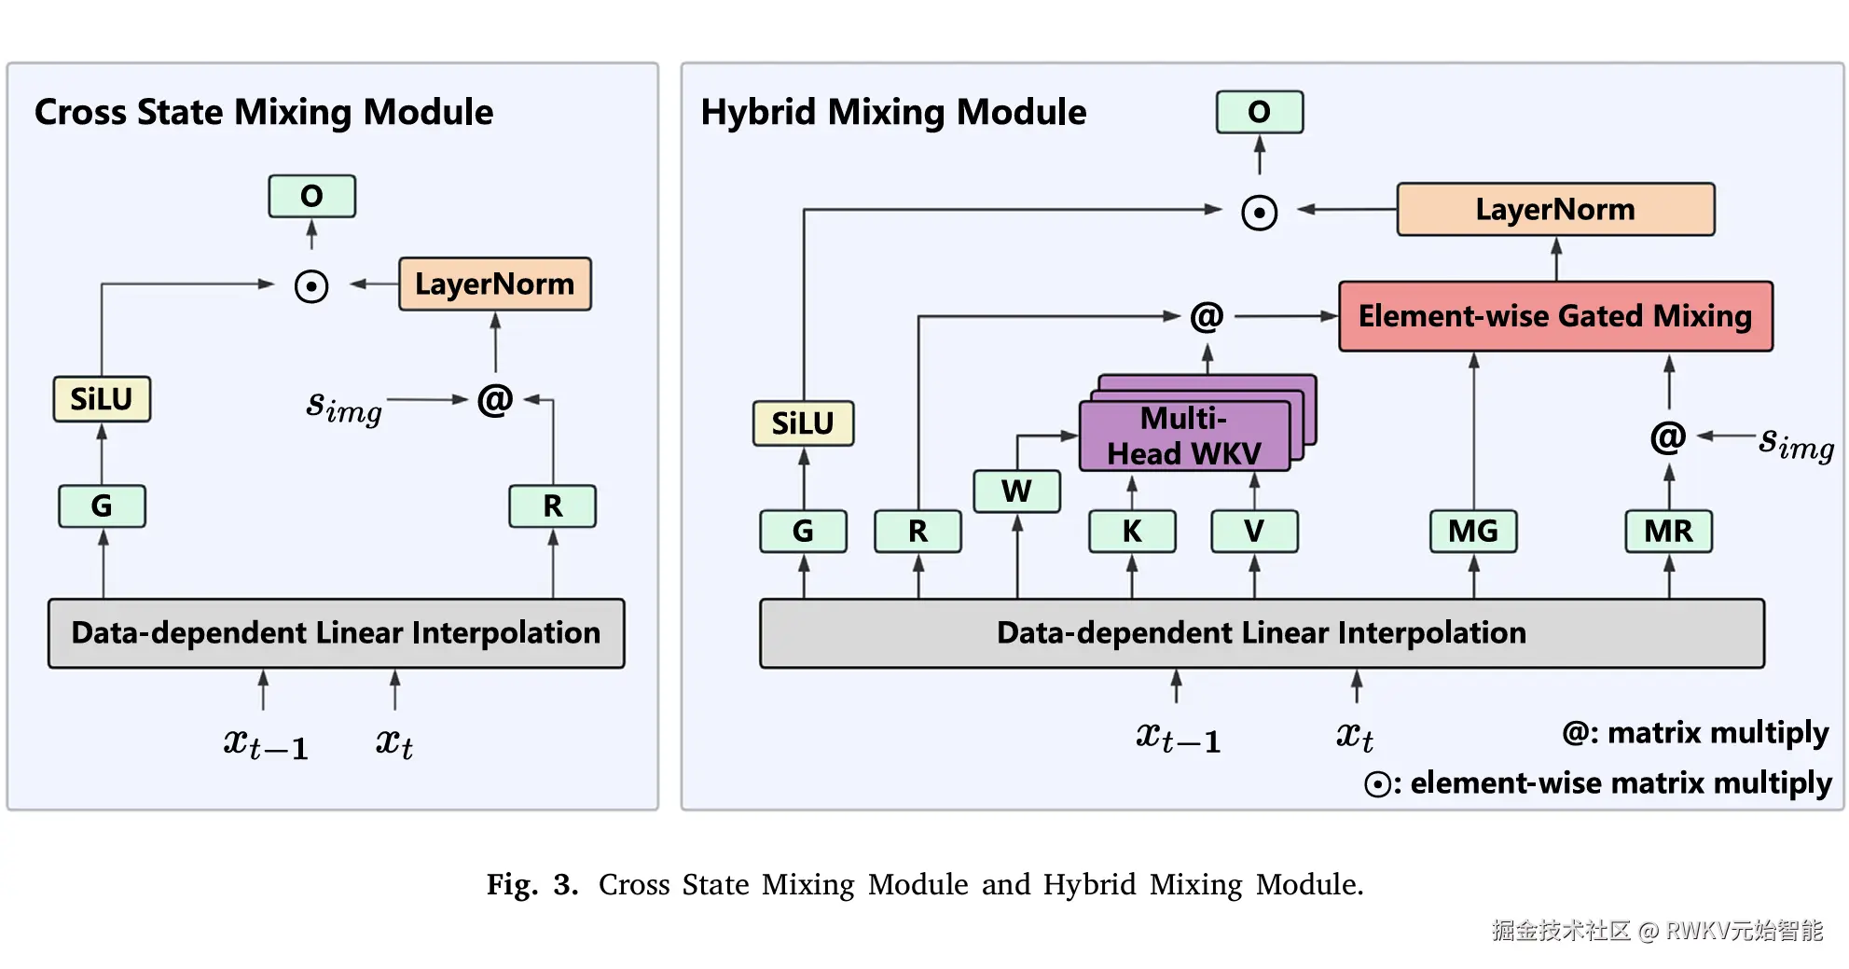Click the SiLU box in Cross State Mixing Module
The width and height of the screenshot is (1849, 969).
[102, 399]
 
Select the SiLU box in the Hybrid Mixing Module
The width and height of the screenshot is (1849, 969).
[803, 423]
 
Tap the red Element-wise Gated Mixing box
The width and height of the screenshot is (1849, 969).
[1555, 316]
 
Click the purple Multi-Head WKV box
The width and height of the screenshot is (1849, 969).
[1184, 436]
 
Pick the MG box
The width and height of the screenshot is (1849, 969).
[1473, 532]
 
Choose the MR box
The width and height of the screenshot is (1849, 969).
[1668, 532]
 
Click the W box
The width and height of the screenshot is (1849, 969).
[1016, 491]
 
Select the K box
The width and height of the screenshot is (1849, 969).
[1132, 532]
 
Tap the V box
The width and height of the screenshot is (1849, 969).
[1254, 532]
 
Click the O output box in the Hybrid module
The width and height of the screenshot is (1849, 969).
[1260, 112]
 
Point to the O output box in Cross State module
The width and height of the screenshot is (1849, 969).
[311, 196]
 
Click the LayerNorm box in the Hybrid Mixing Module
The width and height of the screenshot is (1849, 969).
[1555, 209]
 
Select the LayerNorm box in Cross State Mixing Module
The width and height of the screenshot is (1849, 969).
[494, 284]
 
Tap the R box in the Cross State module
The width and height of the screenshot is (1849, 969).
[553, 506]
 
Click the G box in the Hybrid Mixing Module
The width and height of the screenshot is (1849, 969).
[803, 532]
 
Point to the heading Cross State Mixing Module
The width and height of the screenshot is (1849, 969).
[264, 112]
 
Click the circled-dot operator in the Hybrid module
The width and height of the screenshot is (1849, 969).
[1260, 213]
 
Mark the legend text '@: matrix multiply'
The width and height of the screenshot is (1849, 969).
[1695, 733]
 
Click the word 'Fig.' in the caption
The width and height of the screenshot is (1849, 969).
[512, 884]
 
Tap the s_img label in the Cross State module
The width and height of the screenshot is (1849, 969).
[344, 406]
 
